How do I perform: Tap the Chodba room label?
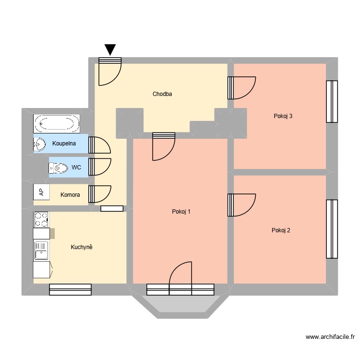162,94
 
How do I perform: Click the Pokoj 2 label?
281,230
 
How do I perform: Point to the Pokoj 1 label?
181,212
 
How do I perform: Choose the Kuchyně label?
81,247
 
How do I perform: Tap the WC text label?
76,168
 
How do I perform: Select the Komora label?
70,195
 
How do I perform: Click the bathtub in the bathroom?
57,124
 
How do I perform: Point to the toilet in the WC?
58,168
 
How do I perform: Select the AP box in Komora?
41,192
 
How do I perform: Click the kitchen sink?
41,251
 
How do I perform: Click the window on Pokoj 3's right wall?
332,101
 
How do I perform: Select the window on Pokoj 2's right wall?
332,228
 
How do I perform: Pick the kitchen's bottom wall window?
70,289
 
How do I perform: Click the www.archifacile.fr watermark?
329,337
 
